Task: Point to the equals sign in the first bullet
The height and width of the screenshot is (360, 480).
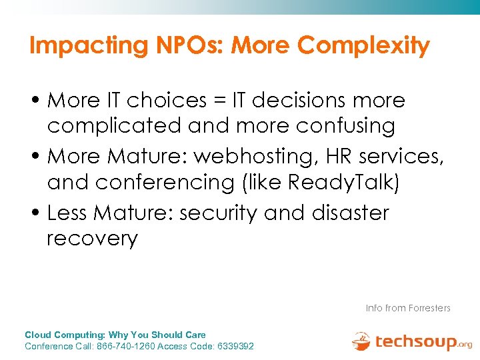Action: (220, 101)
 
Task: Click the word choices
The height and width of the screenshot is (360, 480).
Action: (167, 101)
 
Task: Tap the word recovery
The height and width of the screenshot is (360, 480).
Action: (92, 239)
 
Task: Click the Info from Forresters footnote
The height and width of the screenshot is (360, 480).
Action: (408, 308)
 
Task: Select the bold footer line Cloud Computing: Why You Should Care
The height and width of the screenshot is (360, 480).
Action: (115, 335)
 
